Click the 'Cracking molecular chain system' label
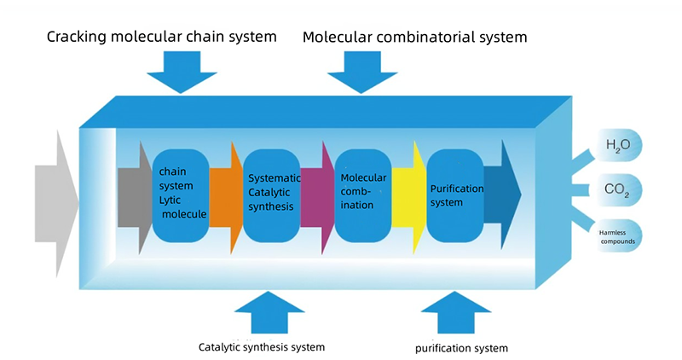(x=162, y=37)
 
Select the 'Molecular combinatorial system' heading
(x=415, y=37)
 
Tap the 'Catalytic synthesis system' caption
(x=262, y=347)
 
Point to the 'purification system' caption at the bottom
(x=461, y=348)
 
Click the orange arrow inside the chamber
(x=224, y=196)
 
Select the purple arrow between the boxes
(x=316, y=196)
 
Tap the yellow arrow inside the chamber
(x=408, y=196)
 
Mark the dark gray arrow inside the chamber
(x=133, y=196)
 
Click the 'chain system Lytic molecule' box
(x=181, y=195)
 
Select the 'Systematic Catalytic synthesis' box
(x=271, y=195)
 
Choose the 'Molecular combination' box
(x=362, y=195)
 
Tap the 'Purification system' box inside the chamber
(x=455, y=195)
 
